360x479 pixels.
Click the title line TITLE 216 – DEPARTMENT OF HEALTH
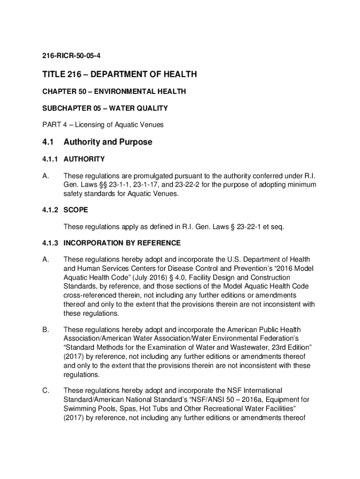120,74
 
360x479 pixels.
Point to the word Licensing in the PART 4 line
84,124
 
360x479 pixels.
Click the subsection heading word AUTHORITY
84,159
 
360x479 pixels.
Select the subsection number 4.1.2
50,210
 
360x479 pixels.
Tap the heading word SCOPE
75,210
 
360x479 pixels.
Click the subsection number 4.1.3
50,243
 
